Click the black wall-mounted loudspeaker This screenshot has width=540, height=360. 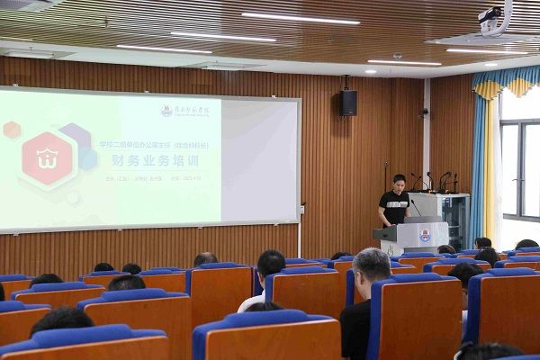(347, 102)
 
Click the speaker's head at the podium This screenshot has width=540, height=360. (399, 182)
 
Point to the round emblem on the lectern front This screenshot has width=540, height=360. (424, 236)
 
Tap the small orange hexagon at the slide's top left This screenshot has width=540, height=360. (12, 130)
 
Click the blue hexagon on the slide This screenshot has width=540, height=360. (86, 159)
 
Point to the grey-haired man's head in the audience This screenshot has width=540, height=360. (371, 266)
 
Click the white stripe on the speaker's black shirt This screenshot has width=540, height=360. (394, 204)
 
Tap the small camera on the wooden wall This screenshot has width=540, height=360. (424, 112)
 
